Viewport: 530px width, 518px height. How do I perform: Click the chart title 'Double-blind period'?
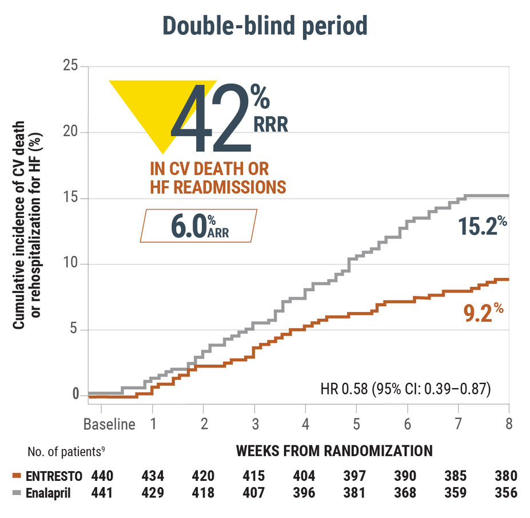(x=265, y=26)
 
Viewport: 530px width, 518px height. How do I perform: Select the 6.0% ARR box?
(x=198, y=225)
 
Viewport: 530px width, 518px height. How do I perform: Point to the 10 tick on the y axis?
(x=69, y=264)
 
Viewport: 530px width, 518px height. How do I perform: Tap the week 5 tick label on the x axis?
(x=356, y=425)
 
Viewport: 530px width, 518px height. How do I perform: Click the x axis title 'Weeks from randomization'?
(x=334, y=451)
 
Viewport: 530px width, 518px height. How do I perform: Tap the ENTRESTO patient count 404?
(x=304, y=476)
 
